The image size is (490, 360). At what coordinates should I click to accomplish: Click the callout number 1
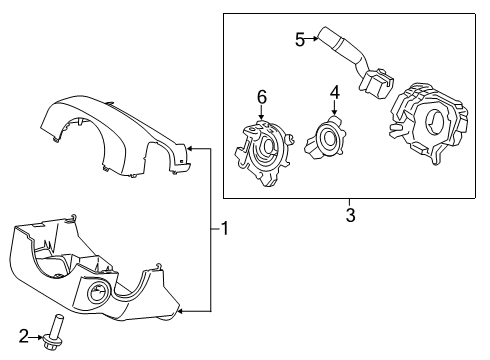225,229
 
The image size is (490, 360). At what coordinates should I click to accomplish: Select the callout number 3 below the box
351,214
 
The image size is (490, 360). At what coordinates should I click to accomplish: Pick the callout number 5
299,39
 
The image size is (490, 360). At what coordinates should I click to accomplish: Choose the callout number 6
262,97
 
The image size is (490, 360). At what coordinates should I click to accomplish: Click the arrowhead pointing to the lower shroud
181,312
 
